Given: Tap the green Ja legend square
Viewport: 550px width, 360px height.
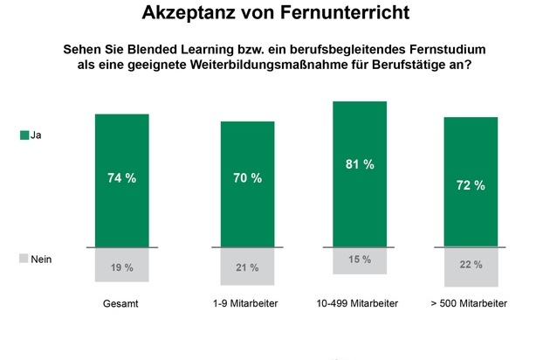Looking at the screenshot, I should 23,135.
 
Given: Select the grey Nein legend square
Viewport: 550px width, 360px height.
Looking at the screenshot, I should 23,260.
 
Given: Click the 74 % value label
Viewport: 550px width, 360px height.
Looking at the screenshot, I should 122,178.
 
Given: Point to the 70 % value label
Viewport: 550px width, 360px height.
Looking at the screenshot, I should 247,178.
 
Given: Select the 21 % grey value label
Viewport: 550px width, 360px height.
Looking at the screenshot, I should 247,267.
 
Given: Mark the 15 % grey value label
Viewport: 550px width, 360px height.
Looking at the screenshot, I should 359,260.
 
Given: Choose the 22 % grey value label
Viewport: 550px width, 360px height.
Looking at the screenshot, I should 471,265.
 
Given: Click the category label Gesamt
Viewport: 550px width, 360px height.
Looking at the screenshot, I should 121,303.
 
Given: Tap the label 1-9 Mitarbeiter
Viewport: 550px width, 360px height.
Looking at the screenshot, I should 246,303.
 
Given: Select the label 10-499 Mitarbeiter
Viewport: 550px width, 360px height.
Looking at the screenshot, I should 359,303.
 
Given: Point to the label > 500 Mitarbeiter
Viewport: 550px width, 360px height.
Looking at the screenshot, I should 471,303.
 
